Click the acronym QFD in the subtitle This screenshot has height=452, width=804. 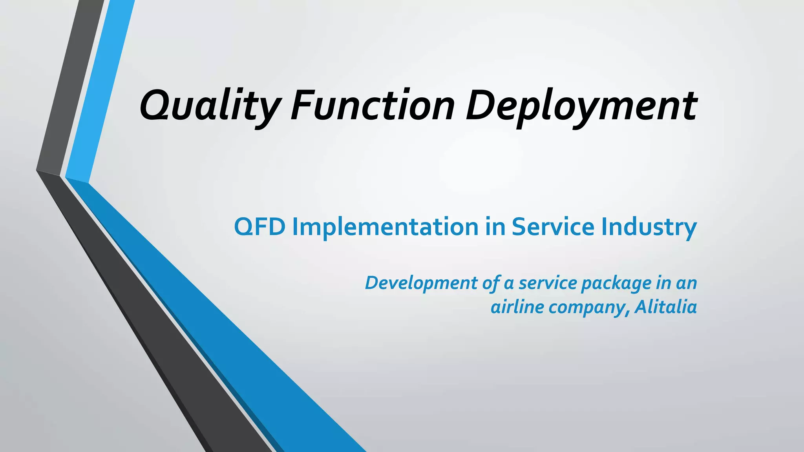click(259, 227)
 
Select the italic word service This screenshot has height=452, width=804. click(547, 283)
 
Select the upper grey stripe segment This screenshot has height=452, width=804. click(71, 86)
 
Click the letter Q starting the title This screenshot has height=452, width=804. click(155, 105)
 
